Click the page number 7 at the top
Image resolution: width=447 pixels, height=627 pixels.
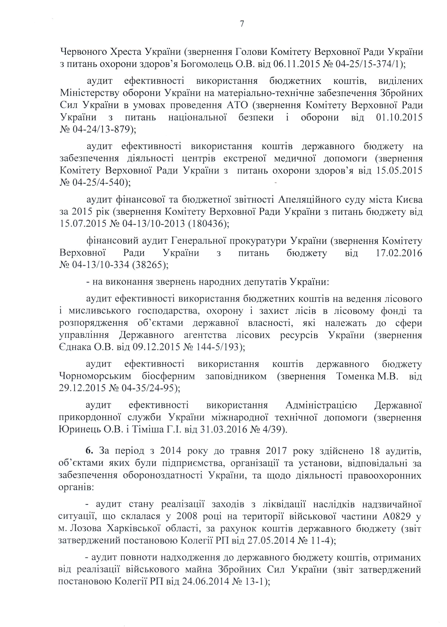pos(242,24)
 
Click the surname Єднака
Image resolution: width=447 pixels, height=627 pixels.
pos(75,347)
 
